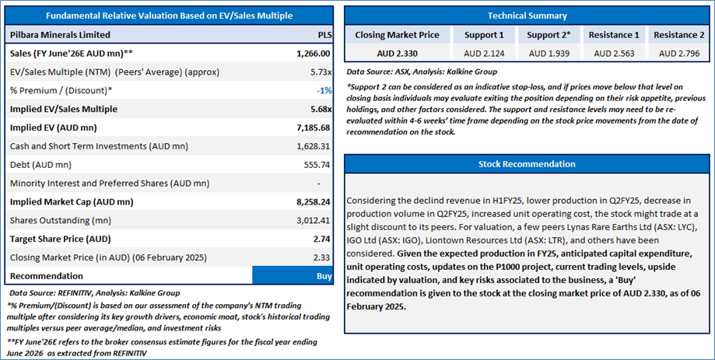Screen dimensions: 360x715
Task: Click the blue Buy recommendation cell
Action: [294, 275]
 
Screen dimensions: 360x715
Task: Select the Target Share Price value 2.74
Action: [321, 239]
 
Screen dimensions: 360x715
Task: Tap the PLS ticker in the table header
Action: [324, 35]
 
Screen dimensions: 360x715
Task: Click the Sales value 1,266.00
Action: [314, 54]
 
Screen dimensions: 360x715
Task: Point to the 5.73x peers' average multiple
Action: [320, 72]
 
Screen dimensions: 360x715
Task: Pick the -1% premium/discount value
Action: [323, 91]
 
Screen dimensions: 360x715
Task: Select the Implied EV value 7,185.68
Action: [314, 128]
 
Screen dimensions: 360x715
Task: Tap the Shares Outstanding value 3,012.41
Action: [314, 220]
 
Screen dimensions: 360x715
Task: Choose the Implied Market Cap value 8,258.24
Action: [314, 201]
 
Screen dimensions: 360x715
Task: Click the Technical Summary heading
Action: [527, 16]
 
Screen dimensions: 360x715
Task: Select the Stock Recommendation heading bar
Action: [527, 164]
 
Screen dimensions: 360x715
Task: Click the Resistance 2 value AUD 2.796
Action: [679, 53]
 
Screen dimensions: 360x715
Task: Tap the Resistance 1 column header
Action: [614, 35]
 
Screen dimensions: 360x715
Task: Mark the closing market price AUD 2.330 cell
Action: [397, 53]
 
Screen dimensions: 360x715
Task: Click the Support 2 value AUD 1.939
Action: [548, 53]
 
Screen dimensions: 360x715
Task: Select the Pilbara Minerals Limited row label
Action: [60, 35]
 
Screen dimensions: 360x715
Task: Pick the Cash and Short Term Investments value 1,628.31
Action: [314, 146]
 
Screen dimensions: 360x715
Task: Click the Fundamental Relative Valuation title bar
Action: [168, 16]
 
